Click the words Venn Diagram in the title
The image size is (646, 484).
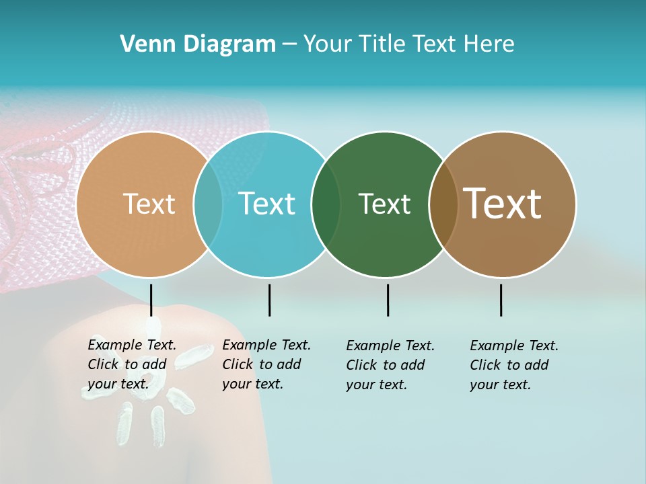pyautogui.click(x=198, y=44)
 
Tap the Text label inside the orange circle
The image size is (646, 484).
pyautogui.click(x=149, y=204)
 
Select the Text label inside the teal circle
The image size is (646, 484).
pyautogui.click(x=267, y=204)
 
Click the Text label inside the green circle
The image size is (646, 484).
pyautogui.click(x=384, y=204)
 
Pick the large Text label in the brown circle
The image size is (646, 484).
pyautogui.click(x=503, y=204)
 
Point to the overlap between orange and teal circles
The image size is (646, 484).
pyautogui.click(x=208, y=204)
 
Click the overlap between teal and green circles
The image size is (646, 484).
pyautogui.click(x=326, y=204)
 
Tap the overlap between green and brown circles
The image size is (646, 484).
pyautogui.click(x=443, y=204)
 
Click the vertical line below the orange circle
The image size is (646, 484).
pyautogui.click(x=151, y=300)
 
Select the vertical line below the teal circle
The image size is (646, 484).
pyautogui.click(x=269, y=300)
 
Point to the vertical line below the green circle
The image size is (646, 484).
pyautogui.click(x=388, y=300)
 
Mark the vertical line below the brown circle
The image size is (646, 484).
pyautogui.click(x=501, y=300)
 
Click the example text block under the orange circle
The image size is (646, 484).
pyautogui.click(x=132, y=364)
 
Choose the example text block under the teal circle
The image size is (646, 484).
pyautogui.click(x=266, y=364)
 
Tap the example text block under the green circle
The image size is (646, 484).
pyautogui.click(x=390, y=365)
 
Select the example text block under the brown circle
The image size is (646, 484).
pyautogui.click(x=514, y=365)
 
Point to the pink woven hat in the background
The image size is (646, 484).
pyautogui.click(x=40, y=202)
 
